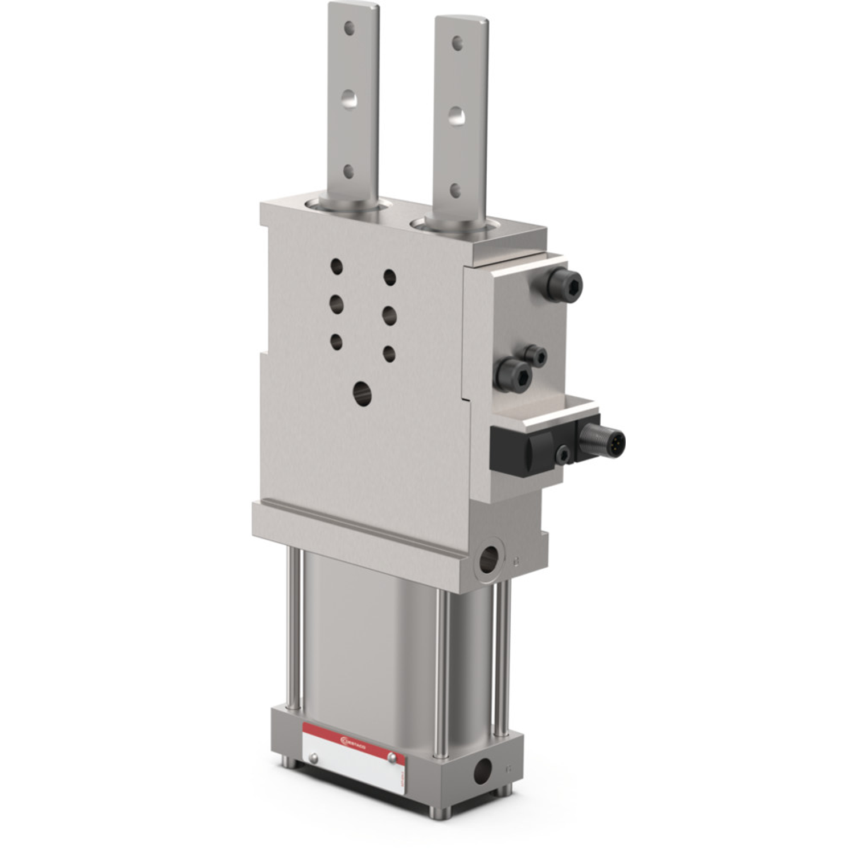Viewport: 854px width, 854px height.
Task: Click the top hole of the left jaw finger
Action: click(x=349, y=27)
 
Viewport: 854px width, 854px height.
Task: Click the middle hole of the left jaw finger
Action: click(x=349, y=100)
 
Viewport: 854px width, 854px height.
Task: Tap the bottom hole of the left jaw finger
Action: click(x=348, y=171)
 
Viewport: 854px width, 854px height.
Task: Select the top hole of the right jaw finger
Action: click(x=457, y=44)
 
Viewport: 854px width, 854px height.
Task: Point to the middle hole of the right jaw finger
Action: click(x=456, y=116)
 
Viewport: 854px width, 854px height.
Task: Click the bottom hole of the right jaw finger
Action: click(x=455, y=190)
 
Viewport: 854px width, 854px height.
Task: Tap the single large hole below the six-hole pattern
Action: click(x=362, y=393)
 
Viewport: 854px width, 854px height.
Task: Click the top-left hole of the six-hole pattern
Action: click(x=336, y=266)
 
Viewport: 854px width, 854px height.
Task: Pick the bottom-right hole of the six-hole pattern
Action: click(x=389, y=354)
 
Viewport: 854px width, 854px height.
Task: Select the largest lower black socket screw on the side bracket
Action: click(x=512, y=375)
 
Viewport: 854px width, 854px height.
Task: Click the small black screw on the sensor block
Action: click(x=563, y=454)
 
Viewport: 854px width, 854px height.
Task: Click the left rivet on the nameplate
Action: click(x=312, y=757)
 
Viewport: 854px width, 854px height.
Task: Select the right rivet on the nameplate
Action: click(x=391, y=756)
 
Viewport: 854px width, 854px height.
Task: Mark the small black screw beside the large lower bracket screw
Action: click(x=536, y=356)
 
